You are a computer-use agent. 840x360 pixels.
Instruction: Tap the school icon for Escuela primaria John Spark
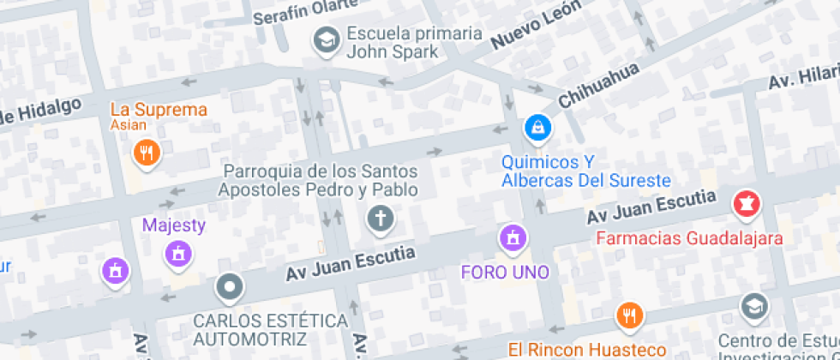(x=326, y=40)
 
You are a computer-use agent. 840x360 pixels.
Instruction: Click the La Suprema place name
(x=159, y=110)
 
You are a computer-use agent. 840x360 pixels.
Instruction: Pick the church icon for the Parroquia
(x=380, y=219)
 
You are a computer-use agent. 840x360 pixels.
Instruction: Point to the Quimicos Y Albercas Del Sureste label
(x=585, y=171)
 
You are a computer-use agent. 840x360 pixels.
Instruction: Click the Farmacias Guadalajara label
(x=689, y=238)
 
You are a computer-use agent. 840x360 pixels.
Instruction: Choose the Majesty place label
(x=174, y=225)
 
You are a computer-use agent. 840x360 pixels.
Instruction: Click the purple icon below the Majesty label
(x=178, y=253)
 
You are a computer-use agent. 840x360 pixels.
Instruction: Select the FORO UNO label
(x=504, y=273)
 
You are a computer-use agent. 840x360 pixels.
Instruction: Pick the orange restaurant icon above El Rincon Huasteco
(x=629, y=315)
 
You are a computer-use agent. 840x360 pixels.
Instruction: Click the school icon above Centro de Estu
(x=754, y=306)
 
